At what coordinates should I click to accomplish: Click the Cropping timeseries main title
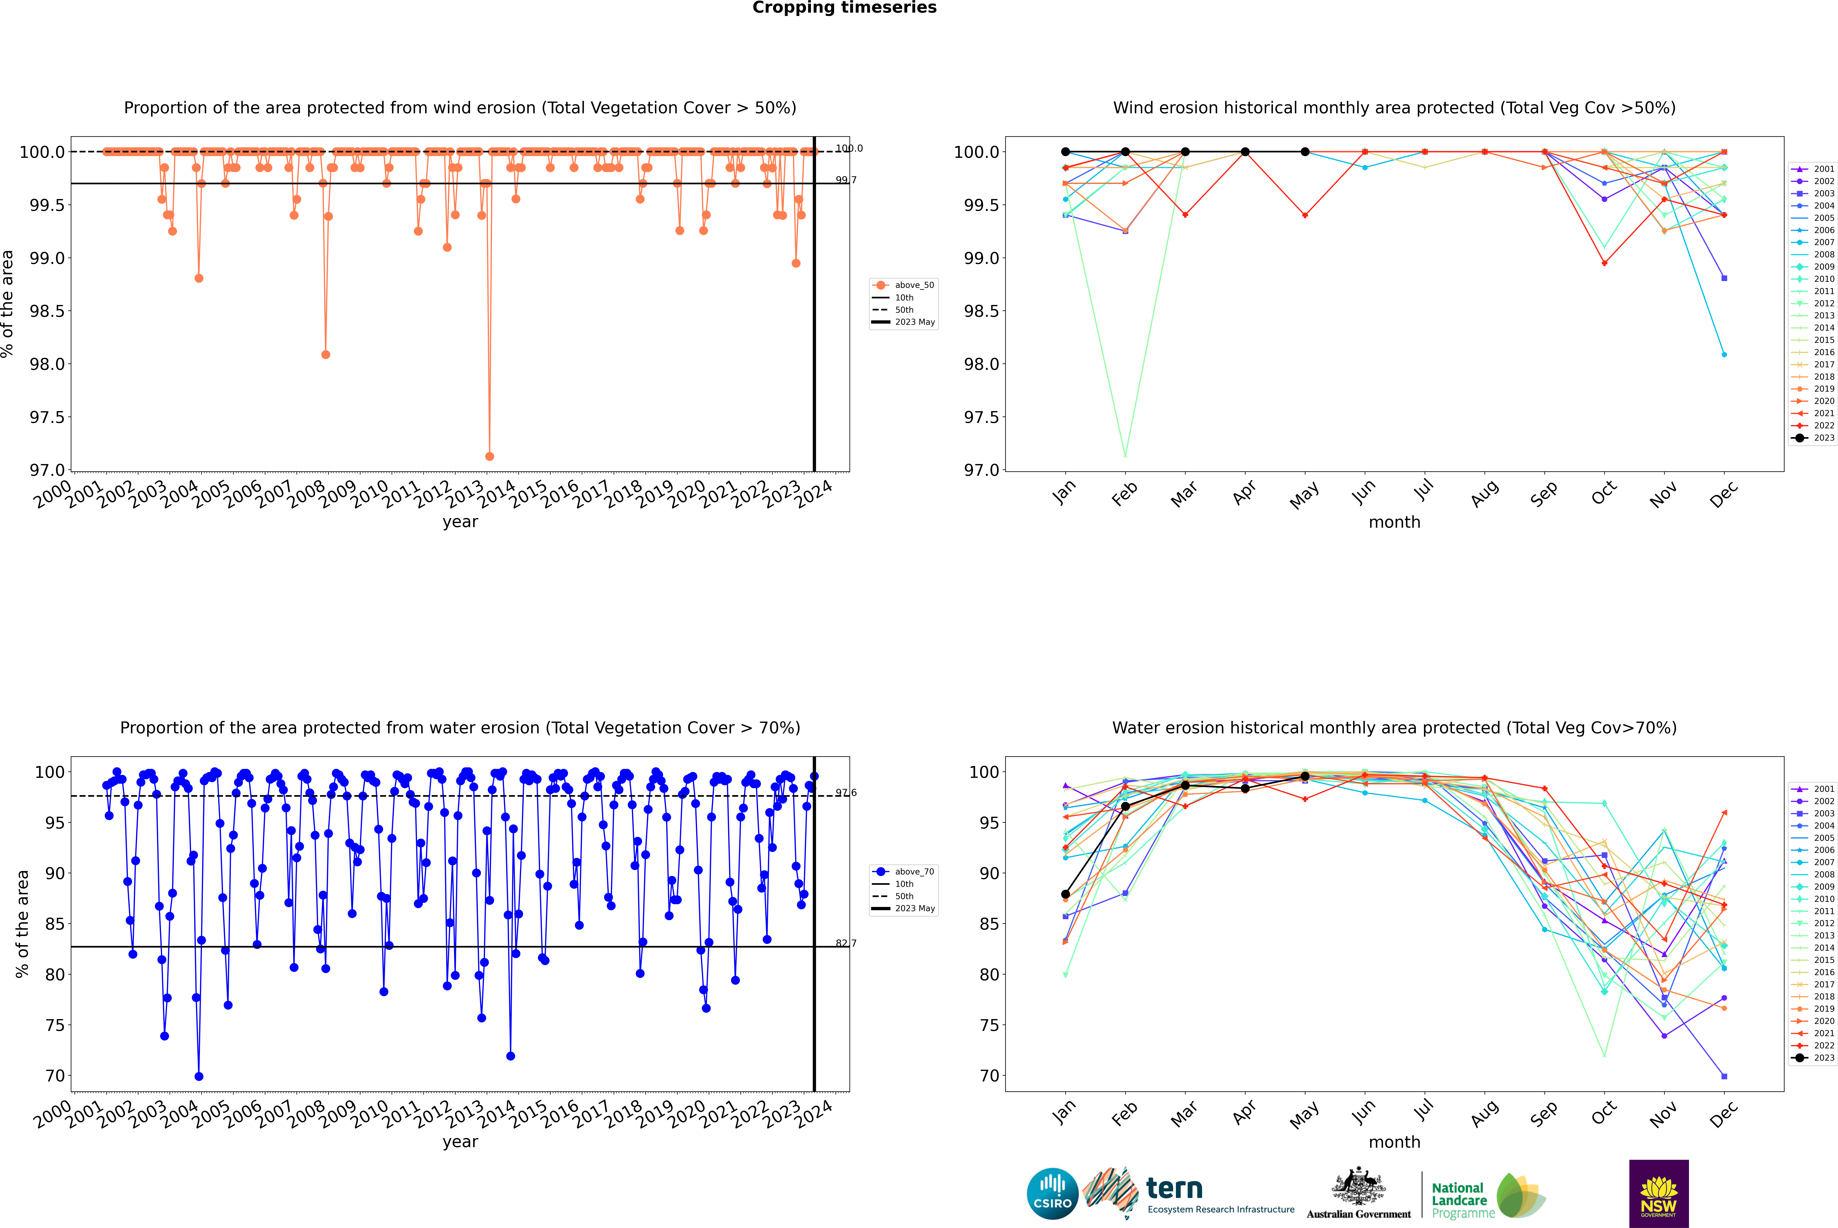tap(844, 8)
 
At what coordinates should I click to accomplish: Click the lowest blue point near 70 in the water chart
tap(199, 1076)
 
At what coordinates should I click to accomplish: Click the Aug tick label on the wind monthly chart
tap(1485, 493)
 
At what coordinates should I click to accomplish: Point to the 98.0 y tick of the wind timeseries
tap(47, 364)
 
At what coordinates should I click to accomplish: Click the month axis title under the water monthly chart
tap(1394, 1142)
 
